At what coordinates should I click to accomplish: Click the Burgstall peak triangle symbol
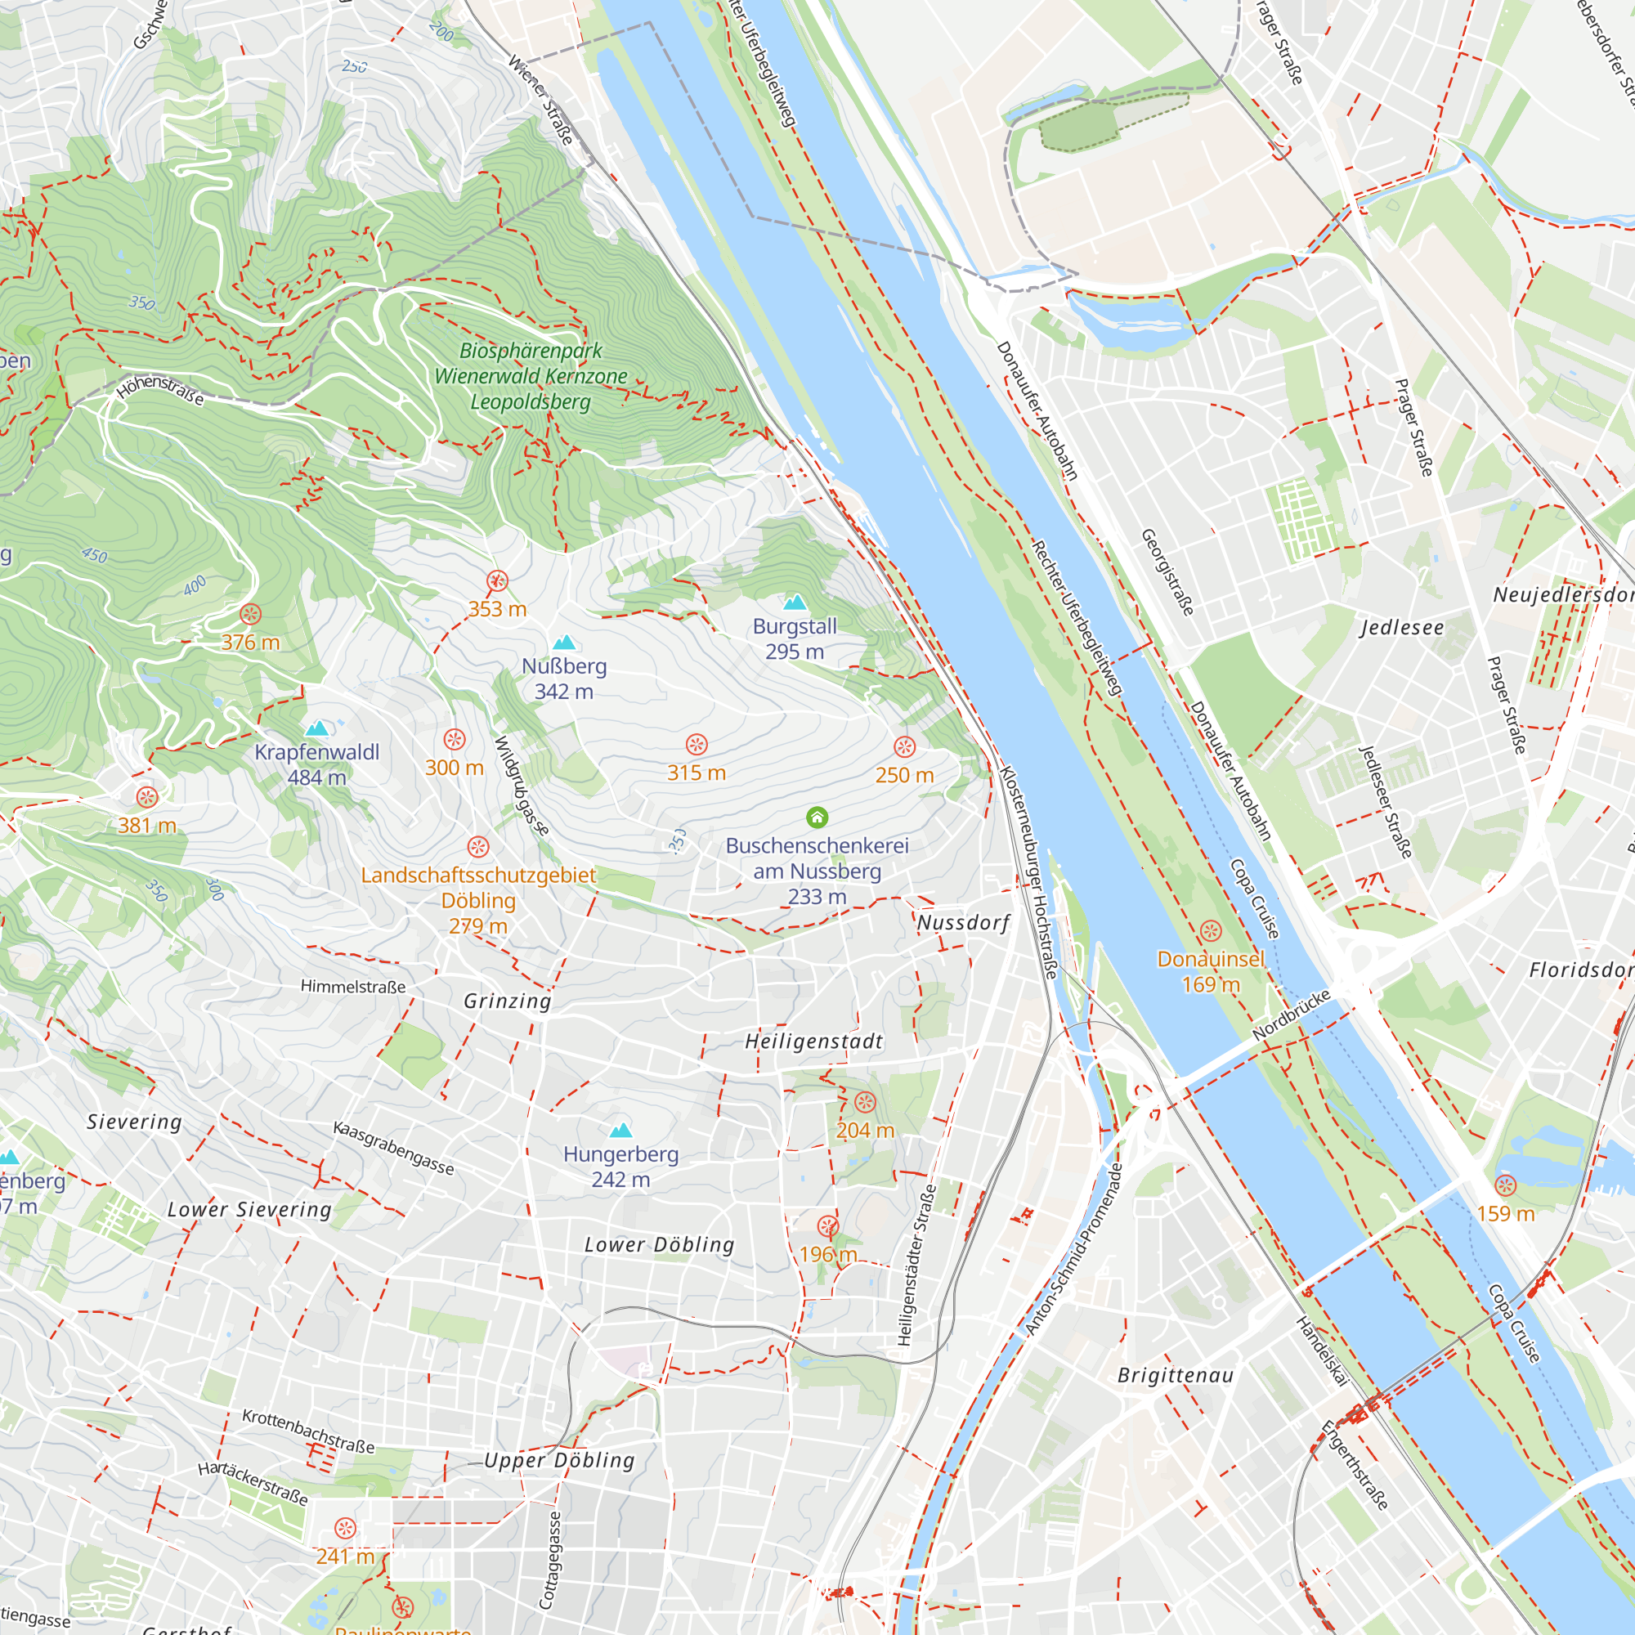(795, 602)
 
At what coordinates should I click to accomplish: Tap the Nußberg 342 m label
(563, 679)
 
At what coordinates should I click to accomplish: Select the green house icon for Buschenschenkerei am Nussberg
(817, 817)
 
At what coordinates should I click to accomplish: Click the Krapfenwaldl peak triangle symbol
(317, 728)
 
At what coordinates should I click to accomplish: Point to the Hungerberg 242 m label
(621, 1167)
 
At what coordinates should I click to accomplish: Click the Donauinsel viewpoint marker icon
(1211, 932)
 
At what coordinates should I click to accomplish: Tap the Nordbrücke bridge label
(1291, 1015)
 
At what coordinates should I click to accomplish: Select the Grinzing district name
(508, 1001)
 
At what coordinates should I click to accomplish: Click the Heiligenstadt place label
(814, 1041)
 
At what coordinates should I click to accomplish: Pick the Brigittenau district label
(1176, 1375)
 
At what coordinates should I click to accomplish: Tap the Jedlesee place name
(1402, 628)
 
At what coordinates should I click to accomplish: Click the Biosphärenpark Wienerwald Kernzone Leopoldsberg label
(531, 376)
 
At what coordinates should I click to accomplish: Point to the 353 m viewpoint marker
(497, 581)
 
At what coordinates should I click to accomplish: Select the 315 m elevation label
(696, 773)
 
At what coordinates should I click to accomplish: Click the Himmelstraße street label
(353, 987)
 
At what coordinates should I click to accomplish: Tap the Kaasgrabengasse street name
(393, 1149)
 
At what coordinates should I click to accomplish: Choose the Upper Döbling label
(559, 1461)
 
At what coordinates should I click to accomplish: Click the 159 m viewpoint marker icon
(1505, 1185)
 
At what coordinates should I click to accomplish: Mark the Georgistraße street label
(1168, 572)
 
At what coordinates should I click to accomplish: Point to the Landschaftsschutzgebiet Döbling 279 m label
(478, 900)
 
